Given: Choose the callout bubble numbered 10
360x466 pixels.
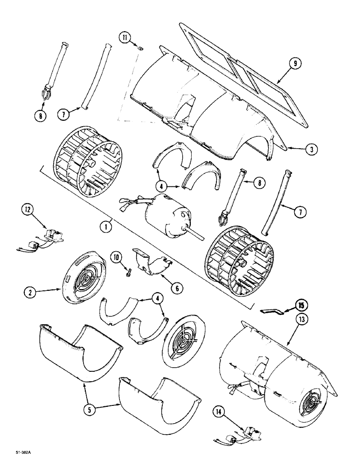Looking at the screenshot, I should pos(116,257).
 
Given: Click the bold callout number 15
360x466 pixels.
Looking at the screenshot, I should pos(301,306).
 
